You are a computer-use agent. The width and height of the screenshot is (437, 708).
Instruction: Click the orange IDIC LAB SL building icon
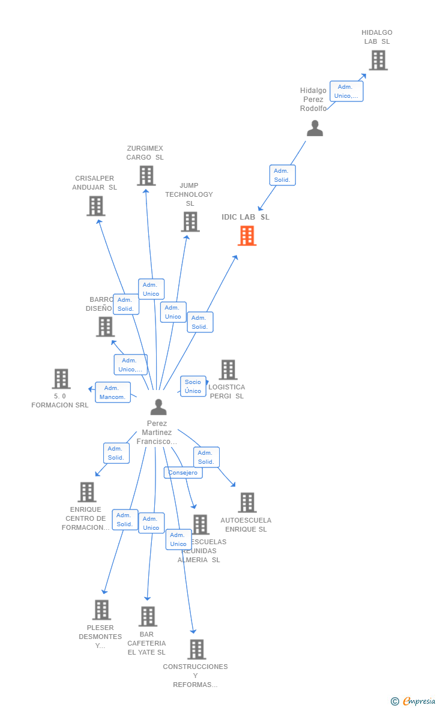pos(247,236)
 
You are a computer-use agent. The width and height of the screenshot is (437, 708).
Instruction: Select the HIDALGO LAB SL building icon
pos(378,60)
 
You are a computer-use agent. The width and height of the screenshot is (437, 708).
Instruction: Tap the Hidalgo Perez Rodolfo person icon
pos(315,128)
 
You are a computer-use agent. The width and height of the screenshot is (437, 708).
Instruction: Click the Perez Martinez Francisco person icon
pos(158,407)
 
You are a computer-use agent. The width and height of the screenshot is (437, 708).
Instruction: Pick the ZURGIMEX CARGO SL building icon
pos(146,175)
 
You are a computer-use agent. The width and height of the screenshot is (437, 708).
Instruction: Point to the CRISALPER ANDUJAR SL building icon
pos(96,206)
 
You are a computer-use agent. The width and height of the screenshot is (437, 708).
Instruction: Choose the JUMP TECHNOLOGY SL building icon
pos(190,221)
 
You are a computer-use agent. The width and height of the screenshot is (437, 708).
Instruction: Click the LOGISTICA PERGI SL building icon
pos(228,370)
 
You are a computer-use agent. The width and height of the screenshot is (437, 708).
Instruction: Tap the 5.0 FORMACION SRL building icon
pos(61,379)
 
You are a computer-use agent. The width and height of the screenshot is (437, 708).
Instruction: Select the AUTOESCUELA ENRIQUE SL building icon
pos(247,502)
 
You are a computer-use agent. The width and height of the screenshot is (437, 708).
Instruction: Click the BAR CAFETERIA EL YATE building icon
pos(148,616)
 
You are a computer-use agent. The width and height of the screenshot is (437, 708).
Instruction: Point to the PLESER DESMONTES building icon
pos(101,610)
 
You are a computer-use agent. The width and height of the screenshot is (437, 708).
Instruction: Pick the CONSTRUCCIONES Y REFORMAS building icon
pos(196,649)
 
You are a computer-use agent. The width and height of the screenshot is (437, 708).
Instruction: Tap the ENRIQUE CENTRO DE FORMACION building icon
pos(87,492)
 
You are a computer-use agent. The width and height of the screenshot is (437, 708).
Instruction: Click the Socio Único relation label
pos(193,386)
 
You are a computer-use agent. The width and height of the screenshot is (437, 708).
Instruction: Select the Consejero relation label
pos(183,473)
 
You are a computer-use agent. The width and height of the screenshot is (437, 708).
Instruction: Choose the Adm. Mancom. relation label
pos(113,392)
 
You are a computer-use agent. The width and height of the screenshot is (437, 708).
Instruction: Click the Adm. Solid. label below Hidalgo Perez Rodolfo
pos(282,175)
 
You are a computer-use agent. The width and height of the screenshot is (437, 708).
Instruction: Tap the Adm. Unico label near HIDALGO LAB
pos(346,91)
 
